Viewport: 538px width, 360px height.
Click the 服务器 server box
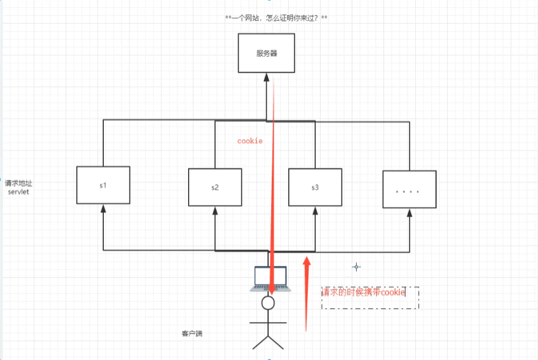(266, 53)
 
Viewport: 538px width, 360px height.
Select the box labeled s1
(103, 185)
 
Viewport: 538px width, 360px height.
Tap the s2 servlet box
(215, 187)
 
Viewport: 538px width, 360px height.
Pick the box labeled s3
(315, 187)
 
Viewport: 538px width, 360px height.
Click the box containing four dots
(409, 190)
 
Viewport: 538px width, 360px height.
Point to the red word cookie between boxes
(250, 141)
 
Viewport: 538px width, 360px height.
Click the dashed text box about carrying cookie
(369, 297)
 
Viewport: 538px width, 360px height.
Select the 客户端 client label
(192, 334)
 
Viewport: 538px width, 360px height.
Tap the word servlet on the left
(18, 192)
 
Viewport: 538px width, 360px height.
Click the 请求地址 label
(18, 183)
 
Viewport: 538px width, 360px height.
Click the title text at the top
(276, 18)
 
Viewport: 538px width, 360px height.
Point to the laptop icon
(270, 279)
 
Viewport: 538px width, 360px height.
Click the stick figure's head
(267, 302)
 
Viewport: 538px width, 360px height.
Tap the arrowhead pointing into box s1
(103, 209)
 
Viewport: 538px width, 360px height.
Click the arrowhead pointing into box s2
(215, 211)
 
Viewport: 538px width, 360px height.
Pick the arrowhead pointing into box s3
(315, 211)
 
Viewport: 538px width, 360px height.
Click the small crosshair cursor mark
(357, 267)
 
